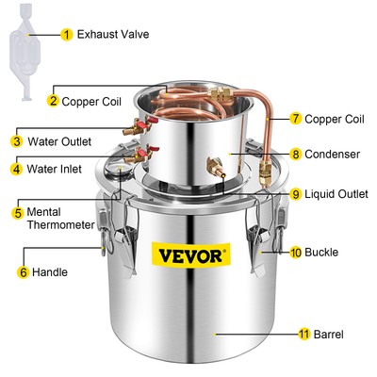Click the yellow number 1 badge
67,35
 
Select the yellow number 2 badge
54,100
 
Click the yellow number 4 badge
17,170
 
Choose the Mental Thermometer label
61,219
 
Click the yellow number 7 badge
296,119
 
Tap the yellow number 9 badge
296,194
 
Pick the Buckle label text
320,253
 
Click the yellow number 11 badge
303,334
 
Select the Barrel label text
330,334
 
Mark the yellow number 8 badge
296,153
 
